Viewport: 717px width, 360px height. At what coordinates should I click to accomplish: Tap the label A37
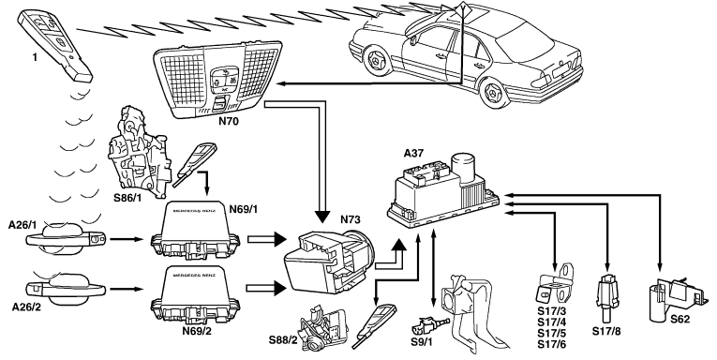[x=413, y=153]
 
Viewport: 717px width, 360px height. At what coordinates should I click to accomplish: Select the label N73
[x=351, y=219]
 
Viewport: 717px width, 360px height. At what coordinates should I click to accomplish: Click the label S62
[x=680, y=320]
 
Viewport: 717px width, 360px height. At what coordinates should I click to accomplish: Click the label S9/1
[x=423, y=341]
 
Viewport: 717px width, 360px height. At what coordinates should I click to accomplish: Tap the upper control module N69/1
[x=195, y=230]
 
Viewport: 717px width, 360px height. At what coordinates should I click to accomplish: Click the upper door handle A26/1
[x=66, y=237]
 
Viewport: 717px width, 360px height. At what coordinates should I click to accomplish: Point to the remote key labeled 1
[x=55, y=45]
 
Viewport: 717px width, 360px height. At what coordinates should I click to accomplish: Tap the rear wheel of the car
[x=493, y=93]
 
